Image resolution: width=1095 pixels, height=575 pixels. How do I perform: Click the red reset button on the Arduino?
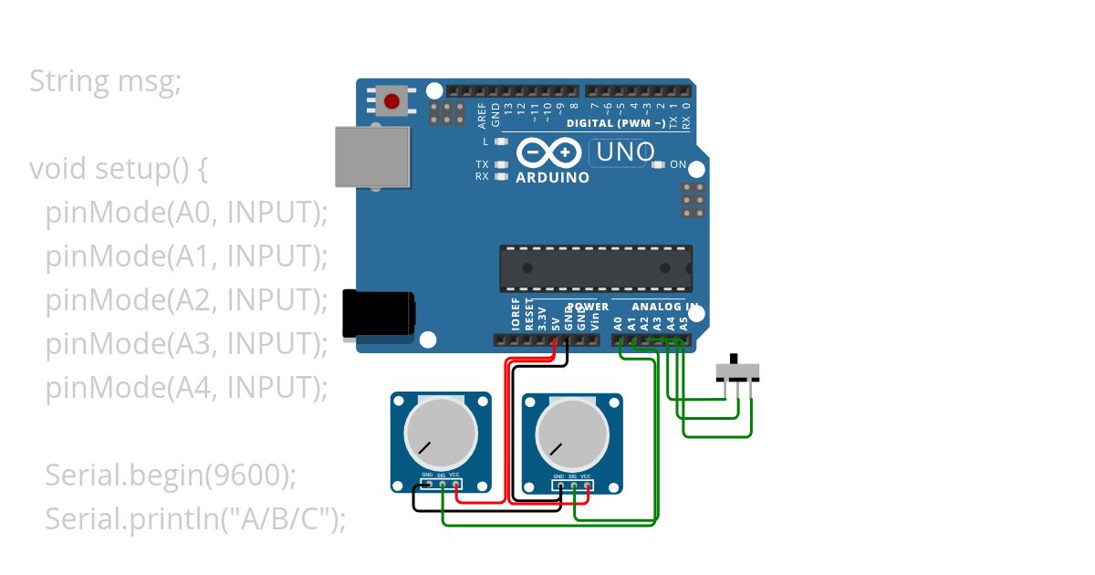tap(393, 100)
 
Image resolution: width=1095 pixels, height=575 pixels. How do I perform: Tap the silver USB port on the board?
tap(372, 156)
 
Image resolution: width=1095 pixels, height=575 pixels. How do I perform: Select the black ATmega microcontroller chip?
tap(595, 268)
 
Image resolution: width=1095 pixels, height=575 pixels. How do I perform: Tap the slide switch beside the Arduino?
tap(737, 371)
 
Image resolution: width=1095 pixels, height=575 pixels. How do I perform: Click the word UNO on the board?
tap(623, 152)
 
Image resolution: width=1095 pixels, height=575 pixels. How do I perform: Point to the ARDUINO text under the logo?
tap(552, 178)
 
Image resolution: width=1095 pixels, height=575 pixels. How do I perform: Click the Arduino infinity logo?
tap(548, 152)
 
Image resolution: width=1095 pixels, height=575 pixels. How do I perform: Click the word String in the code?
tap(68, 81)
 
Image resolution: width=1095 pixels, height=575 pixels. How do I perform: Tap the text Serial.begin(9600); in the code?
tap(171, 476)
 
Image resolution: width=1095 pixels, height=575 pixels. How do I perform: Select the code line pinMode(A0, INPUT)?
tap(186, 213)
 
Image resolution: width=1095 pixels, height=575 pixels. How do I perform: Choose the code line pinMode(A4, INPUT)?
tap(186, 388)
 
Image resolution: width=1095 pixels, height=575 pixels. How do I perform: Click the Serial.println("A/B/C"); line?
tap(195, 519)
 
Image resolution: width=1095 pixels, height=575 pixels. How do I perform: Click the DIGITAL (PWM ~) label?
tap(616, 123)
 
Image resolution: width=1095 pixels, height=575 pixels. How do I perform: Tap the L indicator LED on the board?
tap(500, 141)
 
